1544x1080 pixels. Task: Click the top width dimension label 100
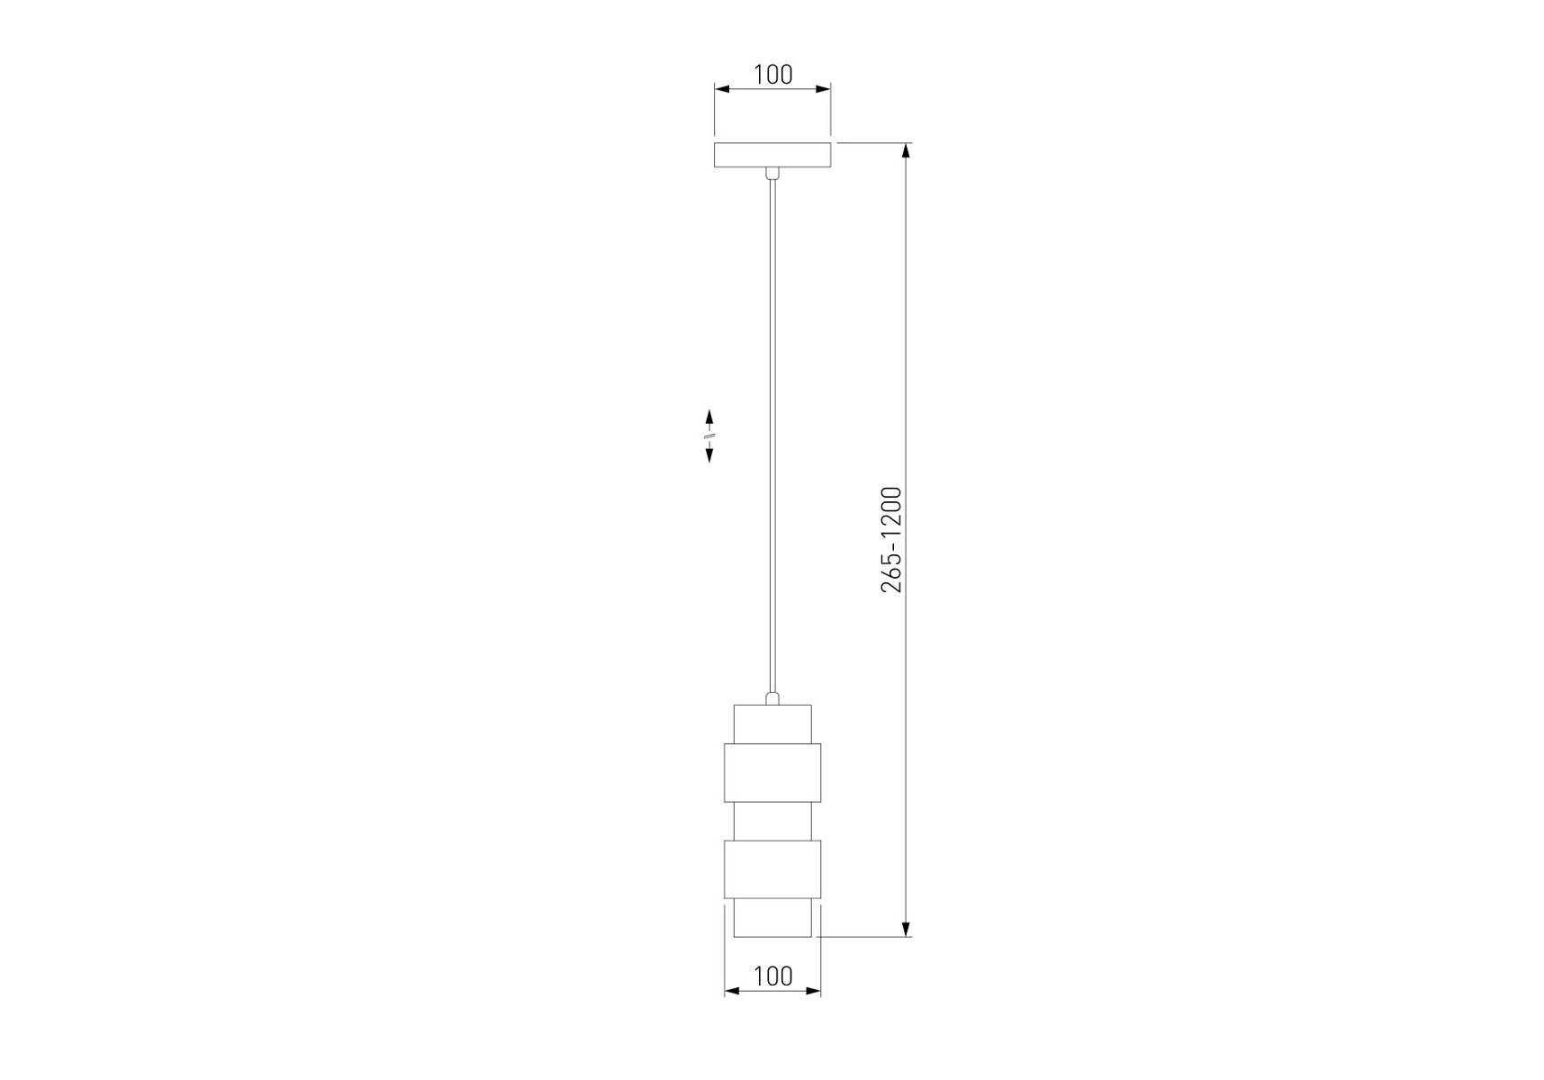coord(773,75)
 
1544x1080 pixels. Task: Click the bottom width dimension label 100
coord(773,976)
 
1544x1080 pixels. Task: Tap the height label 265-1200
coord(891,540)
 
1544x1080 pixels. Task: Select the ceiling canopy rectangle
coord(772,155)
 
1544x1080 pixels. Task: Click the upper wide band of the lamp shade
coord(772,773)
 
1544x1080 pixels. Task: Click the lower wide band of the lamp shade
coord(772,869)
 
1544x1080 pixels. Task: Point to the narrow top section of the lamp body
coord(772,724)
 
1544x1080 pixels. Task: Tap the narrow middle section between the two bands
coord(772,821)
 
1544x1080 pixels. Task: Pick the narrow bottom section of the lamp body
coord(772,917)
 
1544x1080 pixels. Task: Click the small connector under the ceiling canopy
coord(772,174)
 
